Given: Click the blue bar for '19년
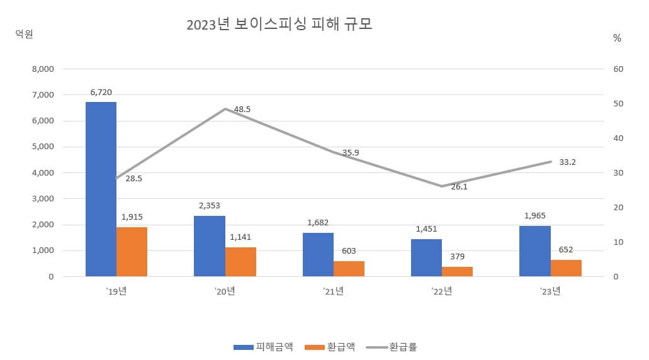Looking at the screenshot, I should click(x=101, y=189).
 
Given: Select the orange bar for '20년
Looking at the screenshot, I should click(x=240, y=262).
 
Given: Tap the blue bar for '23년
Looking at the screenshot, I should click(x=534, y=251).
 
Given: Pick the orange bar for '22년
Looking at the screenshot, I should click(x=457, y=271).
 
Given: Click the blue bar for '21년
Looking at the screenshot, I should click(x=318, y=254).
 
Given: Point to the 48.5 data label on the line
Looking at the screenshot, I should click(x=242, y=109).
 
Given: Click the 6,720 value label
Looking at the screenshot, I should click(x=101, y=92).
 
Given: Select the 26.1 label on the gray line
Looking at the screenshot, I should click(x=460, y=187).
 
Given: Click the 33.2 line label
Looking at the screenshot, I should click(x=567, y=162).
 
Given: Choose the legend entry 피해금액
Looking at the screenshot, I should click(x=262, y=347).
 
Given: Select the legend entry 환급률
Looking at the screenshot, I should click(x=393, y=347).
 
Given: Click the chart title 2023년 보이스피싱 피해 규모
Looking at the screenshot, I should click(x=279, y=25).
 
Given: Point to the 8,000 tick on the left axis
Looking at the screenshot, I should click(x=43, y=69).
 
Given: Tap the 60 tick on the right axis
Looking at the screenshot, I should click(x=618, y=69).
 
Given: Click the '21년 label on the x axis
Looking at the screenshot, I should click(x=333, y=291).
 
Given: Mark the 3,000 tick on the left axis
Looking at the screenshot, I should click(x=43, y=198).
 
